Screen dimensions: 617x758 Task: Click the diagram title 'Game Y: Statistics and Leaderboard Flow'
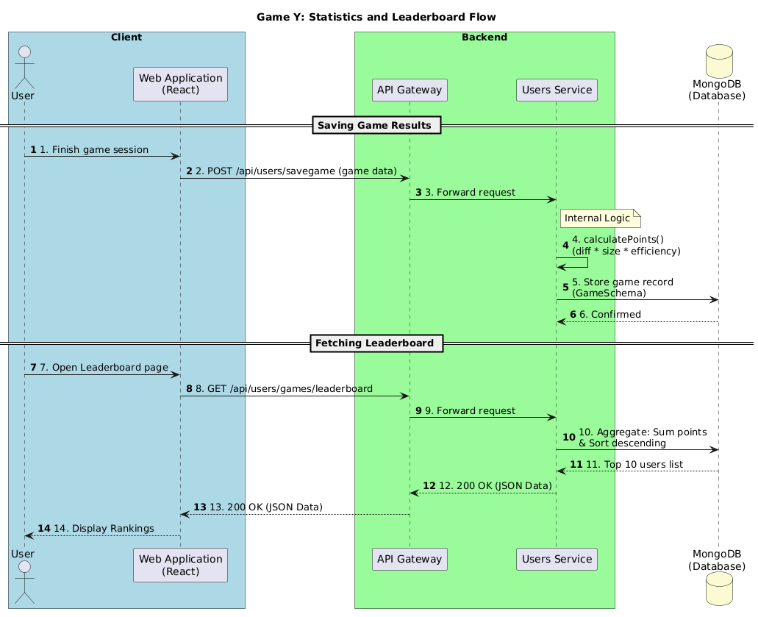[376, 17]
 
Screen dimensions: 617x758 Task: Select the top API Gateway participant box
[410, 90]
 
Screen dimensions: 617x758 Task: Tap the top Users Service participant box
[556, 90]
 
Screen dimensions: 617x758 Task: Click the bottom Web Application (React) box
[180, 565]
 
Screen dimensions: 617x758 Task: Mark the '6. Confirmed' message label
[609, 315]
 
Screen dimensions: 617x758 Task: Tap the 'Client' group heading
[126, 37]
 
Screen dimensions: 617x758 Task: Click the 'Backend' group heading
[484, 37]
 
